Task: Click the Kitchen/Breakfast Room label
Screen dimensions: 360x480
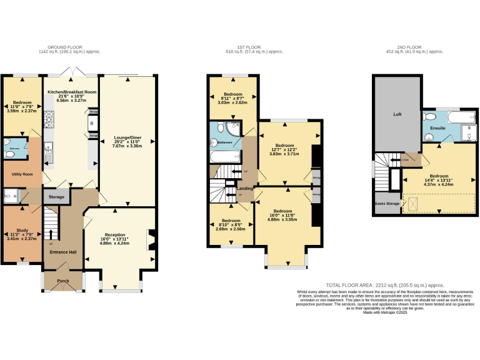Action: click(72, 92)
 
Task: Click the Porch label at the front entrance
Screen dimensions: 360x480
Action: click(63, 281)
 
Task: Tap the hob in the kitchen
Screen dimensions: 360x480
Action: click(49, 117)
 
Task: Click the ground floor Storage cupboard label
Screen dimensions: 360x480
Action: click(57, 197)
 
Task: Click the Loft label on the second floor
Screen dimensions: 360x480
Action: click(397, 114)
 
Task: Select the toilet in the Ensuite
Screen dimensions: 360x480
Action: click(429, 117)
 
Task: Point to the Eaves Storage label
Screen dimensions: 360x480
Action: click(388, 203)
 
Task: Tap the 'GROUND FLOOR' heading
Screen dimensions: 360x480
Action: click(65, 46)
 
